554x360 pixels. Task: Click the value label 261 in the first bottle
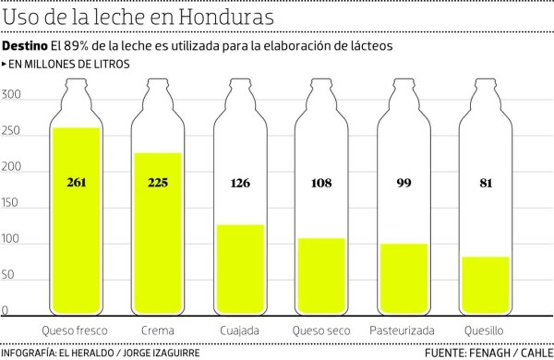click(76, 183)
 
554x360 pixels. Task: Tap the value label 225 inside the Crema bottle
click(158, 183)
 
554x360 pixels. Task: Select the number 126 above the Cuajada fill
click(240, 183)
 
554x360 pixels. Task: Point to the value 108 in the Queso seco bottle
click(321, 183)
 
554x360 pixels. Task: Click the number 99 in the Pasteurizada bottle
click(403, 183)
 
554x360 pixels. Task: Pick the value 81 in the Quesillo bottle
click(485, 183)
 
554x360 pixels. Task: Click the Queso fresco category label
click(74, 330)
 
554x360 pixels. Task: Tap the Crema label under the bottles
click(158, 330)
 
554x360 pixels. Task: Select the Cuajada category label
click(240, 330)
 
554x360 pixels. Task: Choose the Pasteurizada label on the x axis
click(402, 330)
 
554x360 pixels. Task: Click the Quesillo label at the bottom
click(484, 330)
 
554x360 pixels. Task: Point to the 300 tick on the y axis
click(11, 95)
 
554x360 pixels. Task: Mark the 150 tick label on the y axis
click(11, 203)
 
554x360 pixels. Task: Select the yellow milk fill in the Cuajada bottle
click(240, 268)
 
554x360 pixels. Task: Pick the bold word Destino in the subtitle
click(25, 46)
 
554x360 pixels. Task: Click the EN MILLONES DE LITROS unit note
click(68, 65)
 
